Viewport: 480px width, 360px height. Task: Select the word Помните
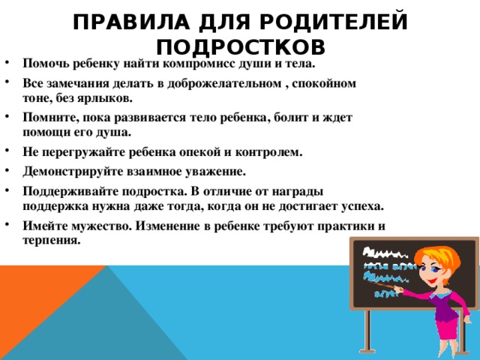coord(47,118)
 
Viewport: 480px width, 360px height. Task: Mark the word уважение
coord(211,171)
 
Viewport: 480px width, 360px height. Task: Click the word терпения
coord(50,240)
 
